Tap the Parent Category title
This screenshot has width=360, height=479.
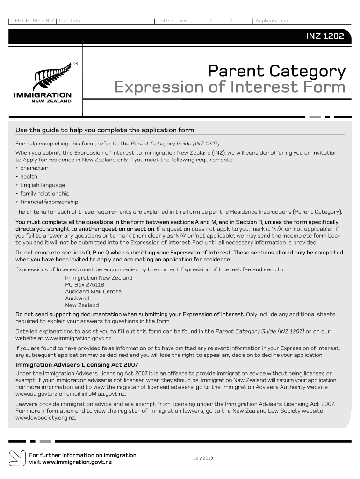[x=276, y=72]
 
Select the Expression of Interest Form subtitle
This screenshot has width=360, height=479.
[x=230, y=87]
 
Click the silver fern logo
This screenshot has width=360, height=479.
[x=52, y=77]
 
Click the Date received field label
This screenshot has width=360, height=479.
[x=174, y=21]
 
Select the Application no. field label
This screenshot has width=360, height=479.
[x=274, y=21]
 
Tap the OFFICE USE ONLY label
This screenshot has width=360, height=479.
[x=33, y=21]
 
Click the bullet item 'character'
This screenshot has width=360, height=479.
[x=33, y=168]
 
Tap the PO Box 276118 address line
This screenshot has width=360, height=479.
[x=84, y=285]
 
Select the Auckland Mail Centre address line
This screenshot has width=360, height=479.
[x=93, y=291]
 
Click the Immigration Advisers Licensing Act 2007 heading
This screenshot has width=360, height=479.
[x=77, y=365]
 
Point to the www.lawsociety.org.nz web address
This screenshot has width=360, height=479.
[x=45, y=418]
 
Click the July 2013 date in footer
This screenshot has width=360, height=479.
[x=203, y=458]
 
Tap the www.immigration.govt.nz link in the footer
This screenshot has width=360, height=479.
[x=77, y=462]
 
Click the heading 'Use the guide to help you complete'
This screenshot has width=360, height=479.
[x=104, y=130]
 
